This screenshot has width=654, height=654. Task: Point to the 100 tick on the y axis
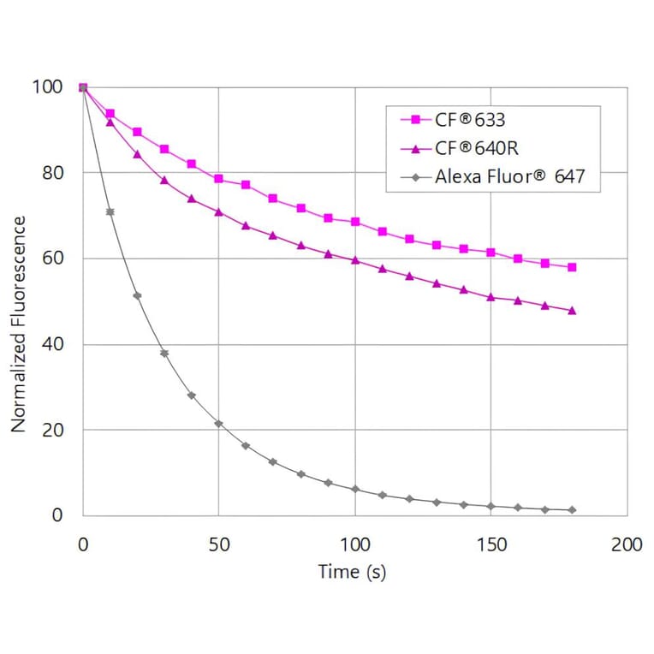tap(48, 87)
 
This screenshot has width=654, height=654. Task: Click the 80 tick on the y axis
tap(52, 173)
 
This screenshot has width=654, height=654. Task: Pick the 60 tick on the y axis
tap(52, 259)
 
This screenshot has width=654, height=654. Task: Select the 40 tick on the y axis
tap(52, 344)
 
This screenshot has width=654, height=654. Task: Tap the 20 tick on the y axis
tap(52, 430)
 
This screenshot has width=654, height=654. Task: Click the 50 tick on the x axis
tap(218, 544)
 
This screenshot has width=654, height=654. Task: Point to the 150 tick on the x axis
tap(490, 544)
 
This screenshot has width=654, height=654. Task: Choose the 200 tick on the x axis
tap(627, 544)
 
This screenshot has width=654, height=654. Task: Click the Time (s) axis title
tap(352, 572)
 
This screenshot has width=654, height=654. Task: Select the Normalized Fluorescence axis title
tap(20, 324)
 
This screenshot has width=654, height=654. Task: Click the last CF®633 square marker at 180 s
tap(572, 267)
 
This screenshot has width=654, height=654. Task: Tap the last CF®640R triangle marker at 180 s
tap(572, 311)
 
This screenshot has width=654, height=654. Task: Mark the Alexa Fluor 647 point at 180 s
tap(572, 510)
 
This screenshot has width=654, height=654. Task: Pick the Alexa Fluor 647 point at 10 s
tap(110, 211)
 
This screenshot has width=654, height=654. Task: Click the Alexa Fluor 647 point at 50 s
tap(218, 424)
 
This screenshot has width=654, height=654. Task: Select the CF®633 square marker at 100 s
tap(355, 222)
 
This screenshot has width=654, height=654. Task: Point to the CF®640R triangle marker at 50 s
tap(218, 211)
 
